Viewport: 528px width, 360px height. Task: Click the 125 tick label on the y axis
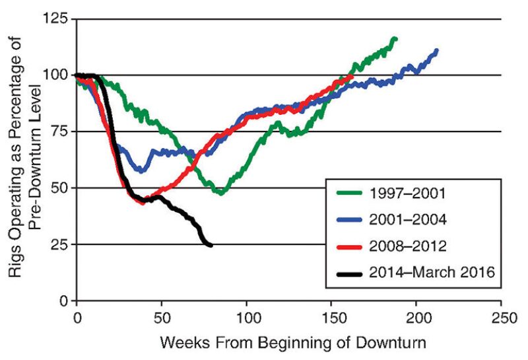tap(56, 19)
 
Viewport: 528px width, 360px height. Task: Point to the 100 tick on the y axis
tap(56, 75)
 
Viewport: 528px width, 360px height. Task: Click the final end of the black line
tap(211, 246)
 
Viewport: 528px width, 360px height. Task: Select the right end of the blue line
tap(436, 50)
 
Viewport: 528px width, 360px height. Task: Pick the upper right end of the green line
tap(395, 39)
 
